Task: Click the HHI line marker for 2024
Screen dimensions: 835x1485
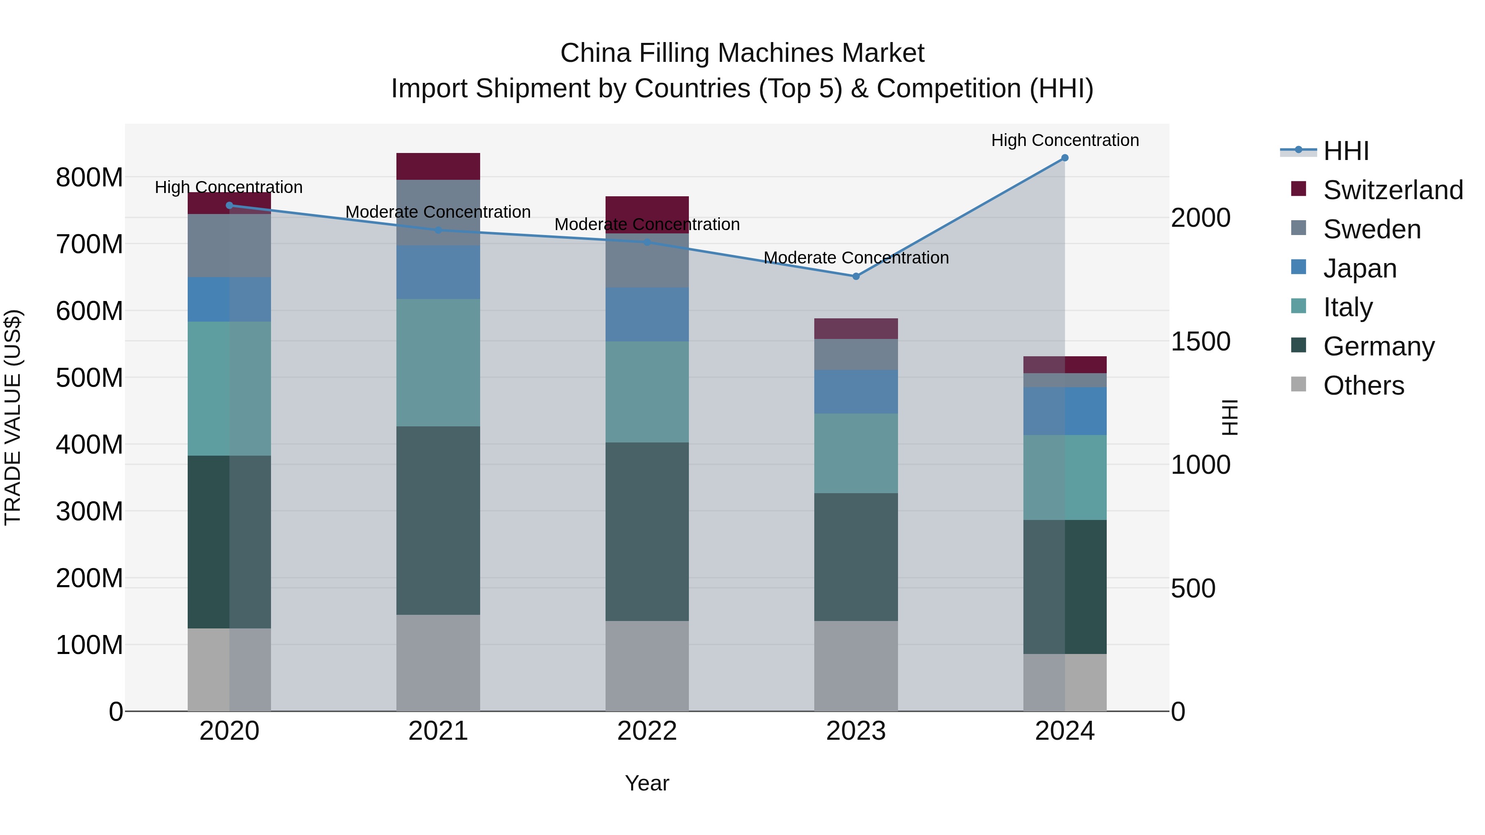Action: point(1064,158)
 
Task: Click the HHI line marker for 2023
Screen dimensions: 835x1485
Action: point(856,277)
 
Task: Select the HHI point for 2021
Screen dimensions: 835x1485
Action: point(438,230)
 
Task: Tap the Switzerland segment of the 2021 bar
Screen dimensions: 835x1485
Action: point(438,167)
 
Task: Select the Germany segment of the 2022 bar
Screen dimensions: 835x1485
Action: point(647,532)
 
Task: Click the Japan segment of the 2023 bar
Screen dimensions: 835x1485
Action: point(856,392)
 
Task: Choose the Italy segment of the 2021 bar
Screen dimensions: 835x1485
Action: point(438,362)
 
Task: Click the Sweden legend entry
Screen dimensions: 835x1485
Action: point(1372,229)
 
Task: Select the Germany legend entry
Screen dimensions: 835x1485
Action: point(1378,346)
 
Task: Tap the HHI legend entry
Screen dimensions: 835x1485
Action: point(1346,151)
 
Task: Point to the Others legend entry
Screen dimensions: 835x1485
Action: point(1363,386)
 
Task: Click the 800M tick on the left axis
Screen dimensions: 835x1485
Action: point(90,177)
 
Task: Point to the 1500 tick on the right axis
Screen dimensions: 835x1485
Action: point(1200,342)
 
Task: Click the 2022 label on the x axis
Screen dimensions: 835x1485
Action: point(647,731)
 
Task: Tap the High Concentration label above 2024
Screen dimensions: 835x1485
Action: point(1064,140)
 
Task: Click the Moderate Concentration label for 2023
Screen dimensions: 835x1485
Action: point(856,258)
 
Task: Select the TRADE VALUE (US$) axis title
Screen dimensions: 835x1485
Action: point(13,417)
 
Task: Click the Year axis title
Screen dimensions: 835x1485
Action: point(647,783)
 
